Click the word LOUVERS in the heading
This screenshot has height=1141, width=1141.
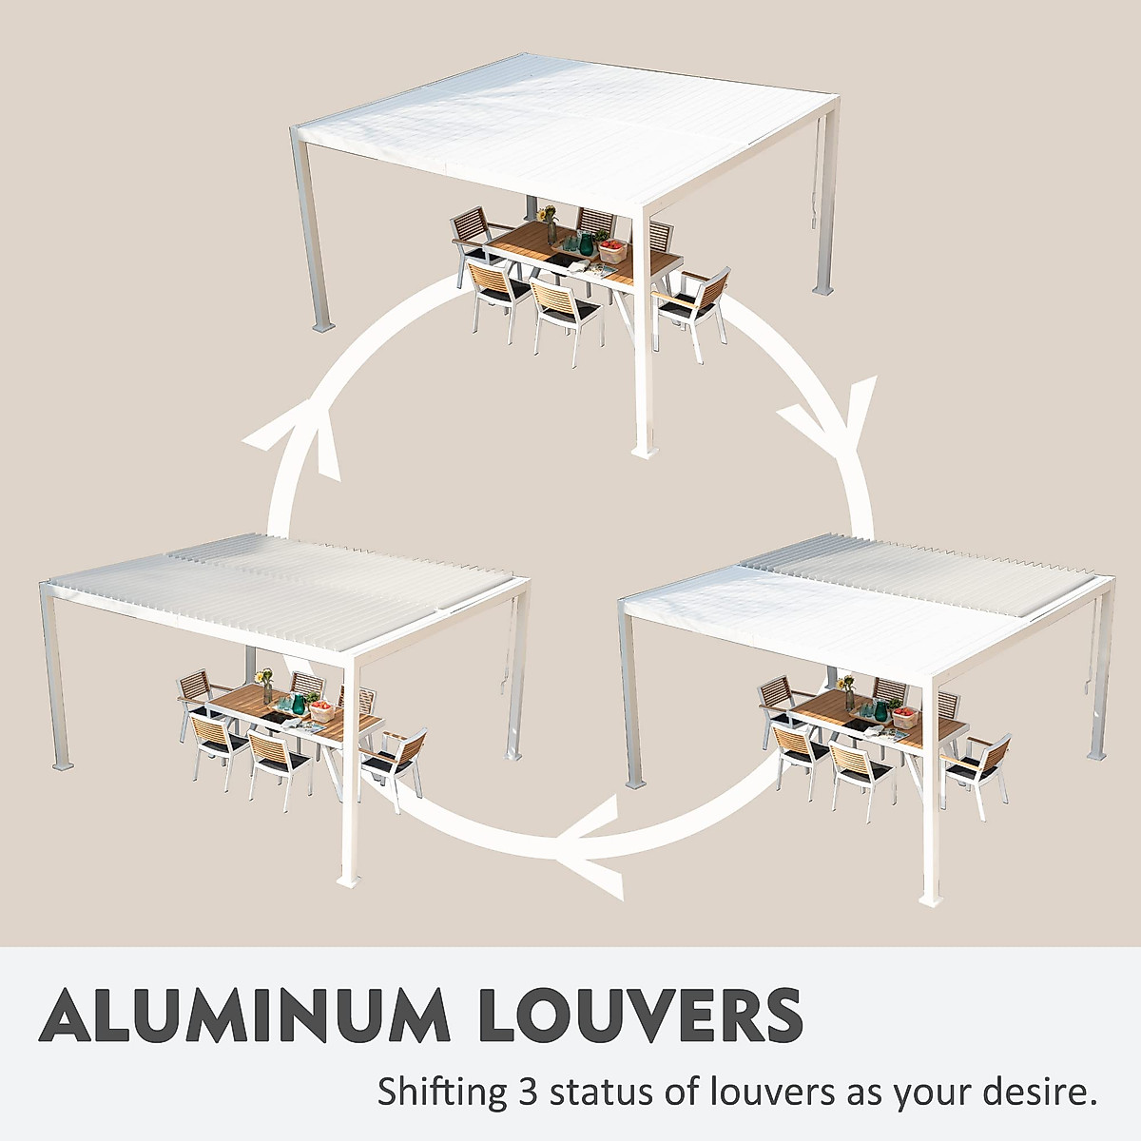[631, 1015]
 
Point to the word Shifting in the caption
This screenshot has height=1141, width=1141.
[443, 1092]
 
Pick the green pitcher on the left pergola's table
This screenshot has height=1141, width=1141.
[298, 705]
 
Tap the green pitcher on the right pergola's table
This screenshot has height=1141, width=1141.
[881, 711]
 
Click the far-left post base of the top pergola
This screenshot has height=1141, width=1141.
[323, 325]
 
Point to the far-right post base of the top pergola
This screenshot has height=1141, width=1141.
[823, 286]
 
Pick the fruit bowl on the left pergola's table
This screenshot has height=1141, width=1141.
[322, 711]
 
